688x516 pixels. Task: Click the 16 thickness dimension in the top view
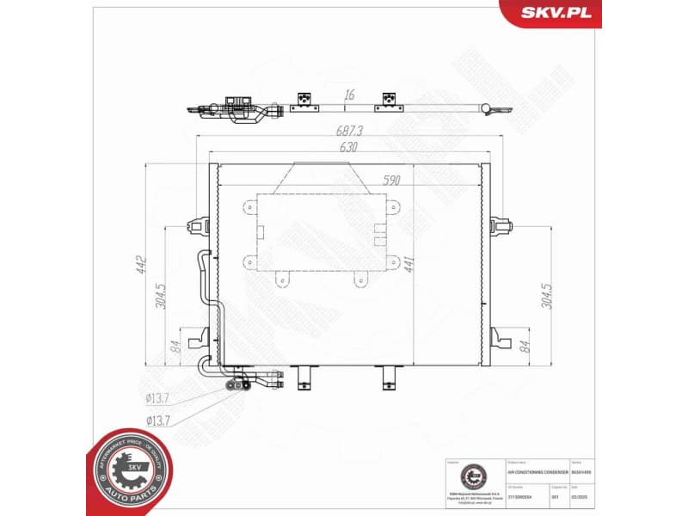point(349,95)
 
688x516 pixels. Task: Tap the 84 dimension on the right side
point(524,347)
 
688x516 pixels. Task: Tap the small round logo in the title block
point(471,476)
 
